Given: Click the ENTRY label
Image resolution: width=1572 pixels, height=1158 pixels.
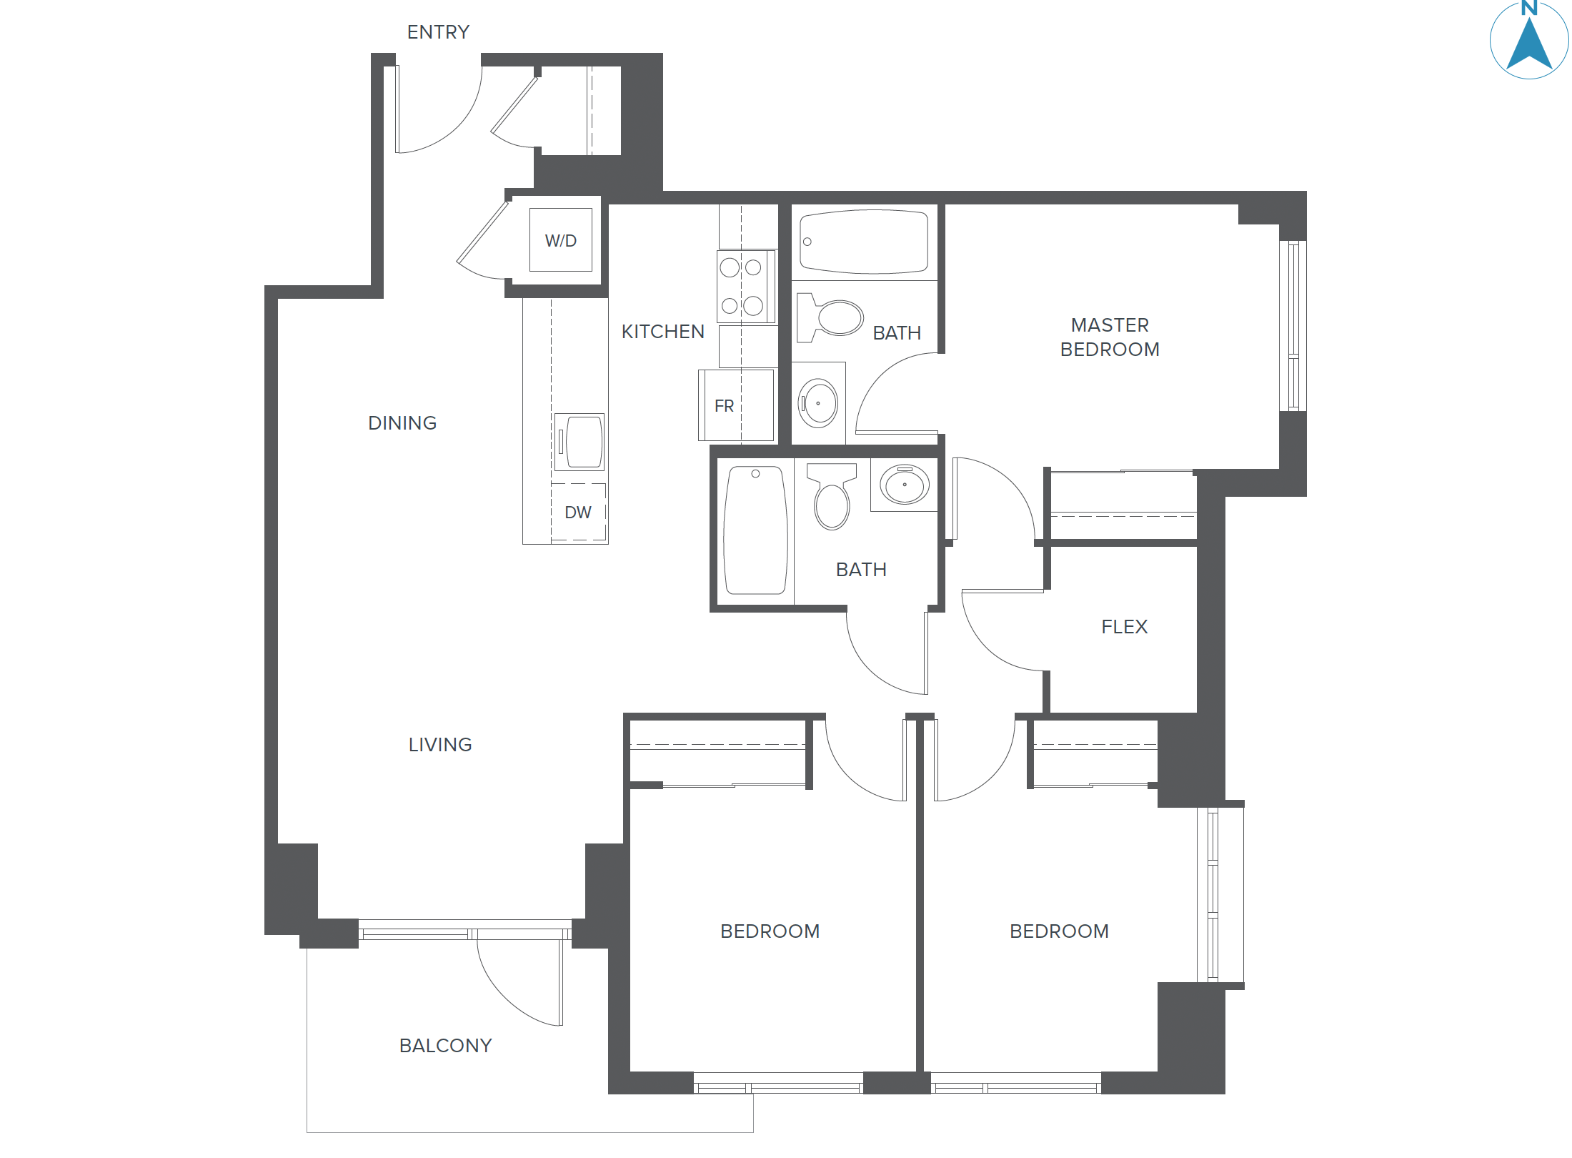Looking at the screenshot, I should (x=438, y=32).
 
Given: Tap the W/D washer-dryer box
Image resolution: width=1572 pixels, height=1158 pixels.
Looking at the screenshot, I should (x=561, y=240).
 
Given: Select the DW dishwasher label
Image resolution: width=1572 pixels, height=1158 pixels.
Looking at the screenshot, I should (x=578, y=513).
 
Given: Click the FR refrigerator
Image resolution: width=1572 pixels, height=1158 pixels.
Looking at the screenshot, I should (x=736, y=405).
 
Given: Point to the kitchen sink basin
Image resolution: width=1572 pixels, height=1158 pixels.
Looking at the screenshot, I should (x=583, y=442).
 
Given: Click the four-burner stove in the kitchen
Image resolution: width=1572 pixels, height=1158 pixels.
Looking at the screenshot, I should (x=745, y=287).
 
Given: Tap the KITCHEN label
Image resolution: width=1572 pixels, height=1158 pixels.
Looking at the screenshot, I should (x=663, y=332).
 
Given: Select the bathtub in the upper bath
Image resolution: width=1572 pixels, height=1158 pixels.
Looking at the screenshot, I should (x=864, y=242).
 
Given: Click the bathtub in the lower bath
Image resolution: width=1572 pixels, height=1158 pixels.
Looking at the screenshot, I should (x=755, y=530).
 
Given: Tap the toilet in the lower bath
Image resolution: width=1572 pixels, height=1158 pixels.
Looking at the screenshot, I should (x=832, y=498).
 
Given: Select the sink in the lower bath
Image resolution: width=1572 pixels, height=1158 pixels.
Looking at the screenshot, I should (x=905, y=485).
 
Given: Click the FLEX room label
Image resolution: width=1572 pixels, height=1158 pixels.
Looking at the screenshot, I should (x=1124, y=627).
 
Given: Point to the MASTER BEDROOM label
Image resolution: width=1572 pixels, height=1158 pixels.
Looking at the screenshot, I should (x=1110, y=337).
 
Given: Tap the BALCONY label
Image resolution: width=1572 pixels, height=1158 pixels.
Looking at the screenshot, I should (x=445, y=1046).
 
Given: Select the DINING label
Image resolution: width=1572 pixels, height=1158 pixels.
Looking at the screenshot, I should (x=402, y=423).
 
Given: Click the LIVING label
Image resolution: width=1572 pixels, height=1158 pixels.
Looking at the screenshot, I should (x=440, y=745).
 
